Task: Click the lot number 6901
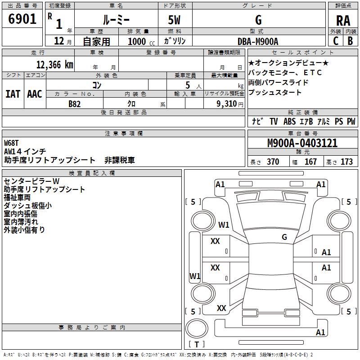pos(22,20)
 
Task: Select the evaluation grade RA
pos(343,21)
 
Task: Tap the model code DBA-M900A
pos(258,41)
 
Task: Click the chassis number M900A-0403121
pos(302,144)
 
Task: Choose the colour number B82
pos(75,103)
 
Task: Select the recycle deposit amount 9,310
pos(221,103)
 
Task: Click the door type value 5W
pos(174,20)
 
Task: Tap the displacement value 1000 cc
pos(140,41)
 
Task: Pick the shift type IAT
pos(13,94)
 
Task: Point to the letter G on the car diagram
pos(284,237)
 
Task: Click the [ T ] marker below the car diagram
pos(197,345)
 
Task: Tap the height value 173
pos(347,162)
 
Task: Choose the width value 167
pos(310,162)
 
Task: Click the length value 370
pos(273,162)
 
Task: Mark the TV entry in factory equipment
pos(274,121)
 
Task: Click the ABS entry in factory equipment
pos(290,121)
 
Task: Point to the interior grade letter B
pos(350,41)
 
